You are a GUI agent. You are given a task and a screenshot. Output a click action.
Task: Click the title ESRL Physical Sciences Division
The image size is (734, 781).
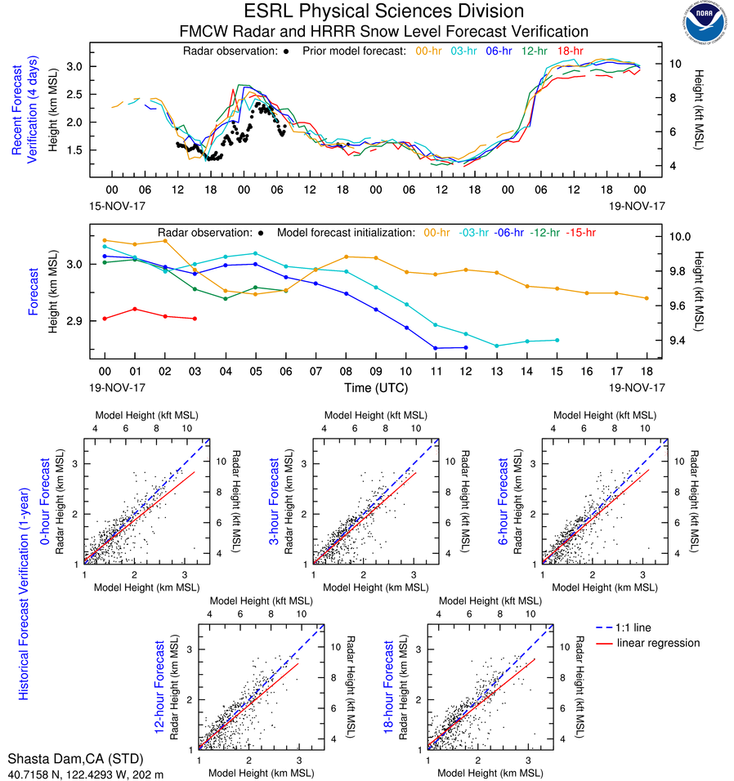[383, 11]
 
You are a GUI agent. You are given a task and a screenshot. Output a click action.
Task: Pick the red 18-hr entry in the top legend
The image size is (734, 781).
[569, 51]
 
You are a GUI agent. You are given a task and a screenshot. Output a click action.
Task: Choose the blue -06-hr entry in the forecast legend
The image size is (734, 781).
[508, 233]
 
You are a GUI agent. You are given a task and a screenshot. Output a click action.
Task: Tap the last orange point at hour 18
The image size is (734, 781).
[647, 298]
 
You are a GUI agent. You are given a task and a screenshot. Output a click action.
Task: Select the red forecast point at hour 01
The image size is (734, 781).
[135, 309]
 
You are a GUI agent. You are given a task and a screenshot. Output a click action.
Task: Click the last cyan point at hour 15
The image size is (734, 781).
[557, 340]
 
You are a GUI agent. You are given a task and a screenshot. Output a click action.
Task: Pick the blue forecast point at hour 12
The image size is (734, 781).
[466, 347]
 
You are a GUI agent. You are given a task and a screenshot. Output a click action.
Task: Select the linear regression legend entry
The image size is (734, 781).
[657, 643]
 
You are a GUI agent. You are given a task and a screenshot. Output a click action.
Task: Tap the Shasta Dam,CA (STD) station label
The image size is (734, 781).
[80, 759]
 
